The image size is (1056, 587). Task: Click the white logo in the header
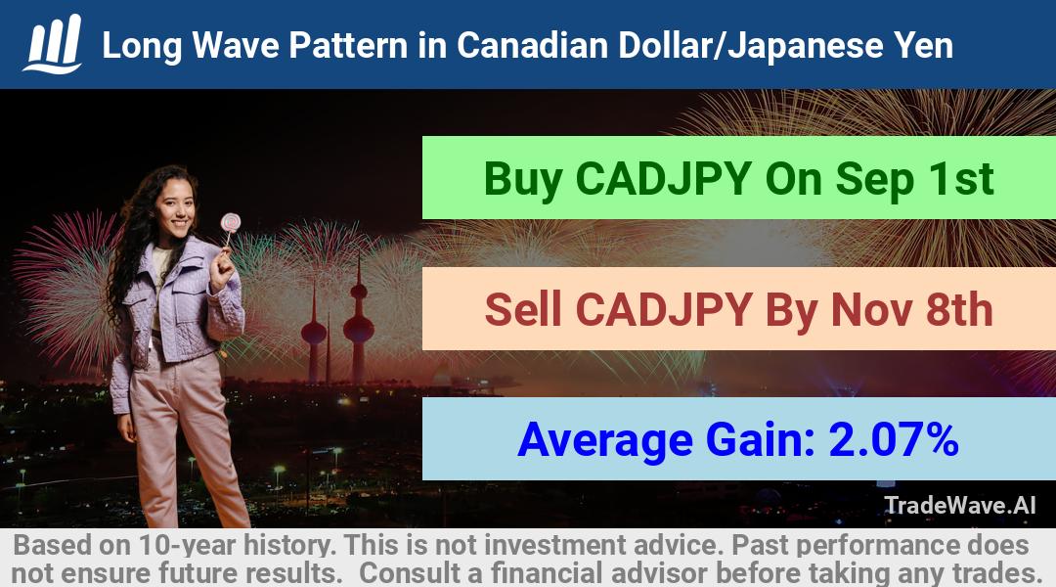[x=53, y=43]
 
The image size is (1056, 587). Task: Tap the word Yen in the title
[x=923, y=45]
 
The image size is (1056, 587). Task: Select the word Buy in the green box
[x=522, y=179]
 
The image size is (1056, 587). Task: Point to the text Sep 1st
[x=914, y=179]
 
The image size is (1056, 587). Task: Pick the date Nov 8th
[x=912, y=309]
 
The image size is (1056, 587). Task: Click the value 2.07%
[x=894, y=439]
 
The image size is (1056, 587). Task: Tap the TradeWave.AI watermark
[x=960, y=505]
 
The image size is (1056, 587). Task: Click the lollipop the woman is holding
[x=231, y=222]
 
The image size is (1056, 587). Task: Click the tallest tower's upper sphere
[x=358, y=291]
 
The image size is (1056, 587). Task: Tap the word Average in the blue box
[x=605, y=440]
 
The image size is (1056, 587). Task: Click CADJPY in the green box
[x=663, y=179]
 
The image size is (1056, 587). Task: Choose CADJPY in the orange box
[x=663, y=309]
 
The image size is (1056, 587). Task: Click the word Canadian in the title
[x=532, y=45]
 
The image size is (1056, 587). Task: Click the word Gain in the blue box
[x=759, y=440]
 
